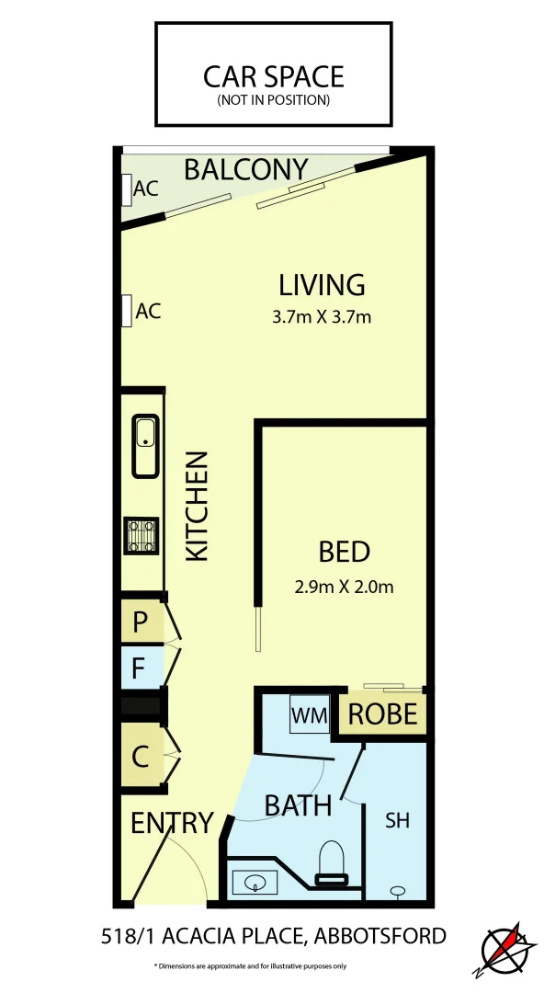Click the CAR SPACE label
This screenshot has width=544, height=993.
point(274,75)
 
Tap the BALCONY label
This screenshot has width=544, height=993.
point(245,170)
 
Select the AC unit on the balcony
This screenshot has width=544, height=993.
point(126,189)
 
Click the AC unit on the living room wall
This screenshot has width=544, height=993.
point(126,311)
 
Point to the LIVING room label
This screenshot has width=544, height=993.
point(323,285)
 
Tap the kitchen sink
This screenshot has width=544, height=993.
point(145,446)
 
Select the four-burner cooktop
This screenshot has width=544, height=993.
point(141,535)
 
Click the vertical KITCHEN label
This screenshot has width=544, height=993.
point(198,507)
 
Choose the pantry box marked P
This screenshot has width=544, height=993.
point(141,622)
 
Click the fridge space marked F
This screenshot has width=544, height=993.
point(140,668)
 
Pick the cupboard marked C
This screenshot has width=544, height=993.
point(141,758)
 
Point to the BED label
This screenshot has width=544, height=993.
point(345,552)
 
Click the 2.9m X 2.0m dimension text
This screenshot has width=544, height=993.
point(345,586)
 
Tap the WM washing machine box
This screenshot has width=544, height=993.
point(307,714)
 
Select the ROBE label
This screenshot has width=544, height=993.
point(383,714)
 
